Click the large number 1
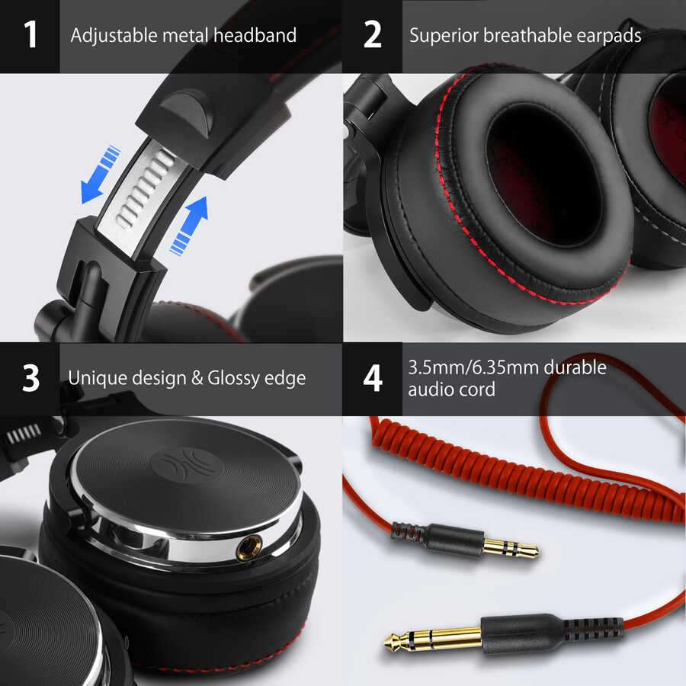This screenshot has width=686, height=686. [30, 35]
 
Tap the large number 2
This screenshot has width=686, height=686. [372, 35]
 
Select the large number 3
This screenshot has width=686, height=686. [30, 378]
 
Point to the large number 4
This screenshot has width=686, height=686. [372, 378]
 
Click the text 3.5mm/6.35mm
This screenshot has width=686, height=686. [477, 367]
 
